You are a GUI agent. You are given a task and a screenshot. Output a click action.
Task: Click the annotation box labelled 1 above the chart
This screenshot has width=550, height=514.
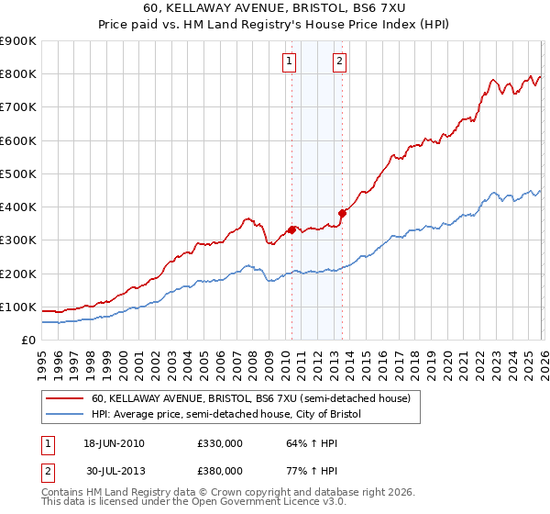pyautogui.click(x=290, y=61)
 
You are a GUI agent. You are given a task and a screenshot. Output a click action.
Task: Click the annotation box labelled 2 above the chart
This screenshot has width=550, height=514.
pyautogui.click(x=339, y=61)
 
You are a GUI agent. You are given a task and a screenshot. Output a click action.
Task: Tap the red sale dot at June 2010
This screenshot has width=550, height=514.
pyautogui.click(x=292, y=229)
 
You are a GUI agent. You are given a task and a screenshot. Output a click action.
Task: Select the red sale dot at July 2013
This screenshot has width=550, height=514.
pyautogui.click(x=342, y=213)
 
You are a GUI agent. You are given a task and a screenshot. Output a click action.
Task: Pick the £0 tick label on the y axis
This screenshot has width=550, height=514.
pyautogui.click(x=28, y=341)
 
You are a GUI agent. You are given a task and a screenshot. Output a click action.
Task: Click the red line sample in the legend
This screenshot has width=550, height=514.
pyautogui.click(x=65, y=399)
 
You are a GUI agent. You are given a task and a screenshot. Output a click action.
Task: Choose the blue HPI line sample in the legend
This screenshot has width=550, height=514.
pyautogui.click(x=65, y=415)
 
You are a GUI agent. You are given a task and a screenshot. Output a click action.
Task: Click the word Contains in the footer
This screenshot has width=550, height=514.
pyautogui.click(x=64, y=494)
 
